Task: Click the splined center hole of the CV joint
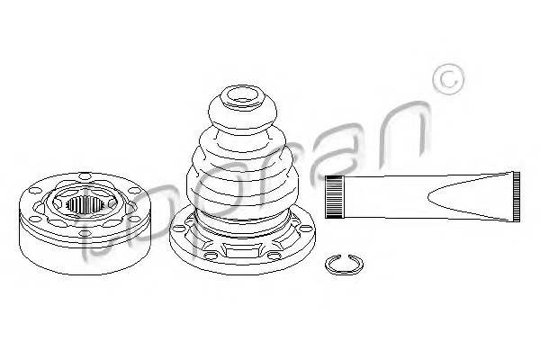[x=85, y=204]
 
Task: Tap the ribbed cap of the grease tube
[x=335, y=197]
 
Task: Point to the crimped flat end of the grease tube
[x=516, y=197]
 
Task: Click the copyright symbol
[x=449, y=79]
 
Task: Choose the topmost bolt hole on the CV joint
[x=85, y=176]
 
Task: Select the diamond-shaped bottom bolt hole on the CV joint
[x=85, y=234]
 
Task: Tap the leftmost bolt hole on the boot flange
[x=177, y=229]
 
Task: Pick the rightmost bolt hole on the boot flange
[x=305, y=228]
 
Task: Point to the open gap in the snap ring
[x=344, y=256]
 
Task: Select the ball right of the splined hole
[x=112, y=204]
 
